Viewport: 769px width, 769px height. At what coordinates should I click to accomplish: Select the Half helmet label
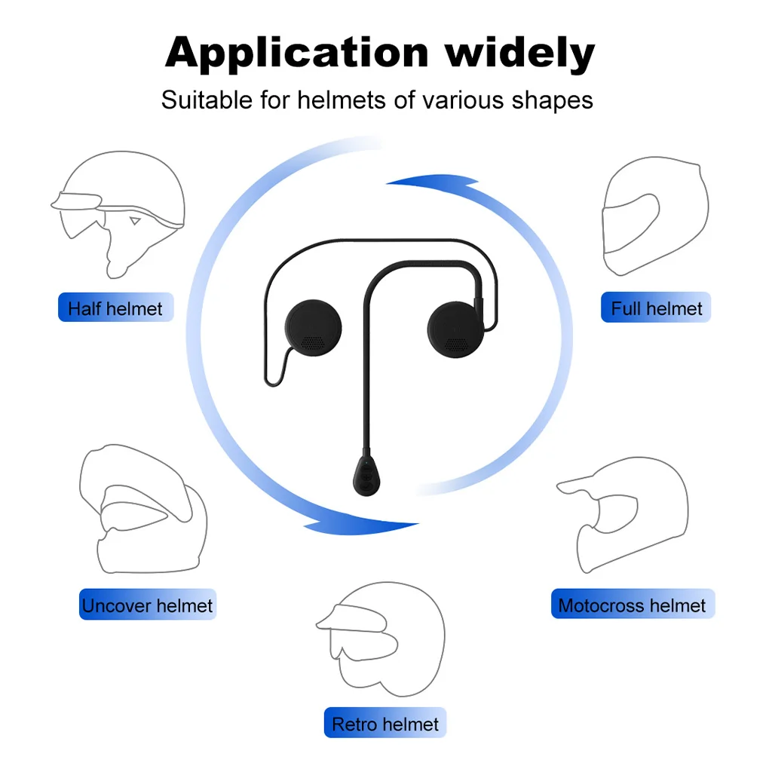point(115,308)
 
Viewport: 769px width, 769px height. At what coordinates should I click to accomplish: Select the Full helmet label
point(656,308)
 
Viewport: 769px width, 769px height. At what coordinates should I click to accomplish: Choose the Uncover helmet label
point(148,605)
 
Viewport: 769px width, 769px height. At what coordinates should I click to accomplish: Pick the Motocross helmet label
point(632,605)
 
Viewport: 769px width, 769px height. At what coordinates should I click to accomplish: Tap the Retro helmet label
point(385,724)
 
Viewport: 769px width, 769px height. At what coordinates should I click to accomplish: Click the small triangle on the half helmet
point(135,221)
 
